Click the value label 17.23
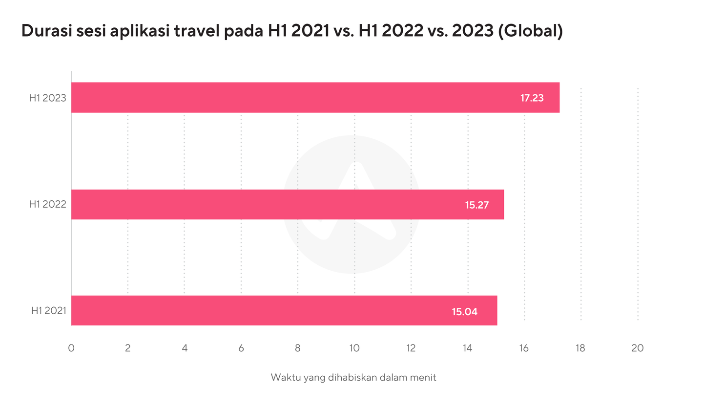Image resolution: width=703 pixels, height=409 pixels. tap(532, 98)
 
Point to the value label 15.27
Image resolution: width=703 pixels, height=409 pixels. tap(476, 205)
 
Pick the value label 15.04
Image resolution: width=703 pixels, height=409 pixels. tap(464, 311)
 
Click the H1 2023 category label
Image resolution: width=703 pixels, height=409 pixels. tap(47, 98)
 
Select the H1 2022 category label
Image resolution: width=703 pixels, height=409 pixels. tap(47, 204)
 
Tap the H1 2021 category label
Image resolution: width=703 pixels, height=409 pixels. tap(48, 310)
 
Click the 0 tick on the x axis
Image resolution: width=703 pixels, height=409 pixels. tap(71, 348)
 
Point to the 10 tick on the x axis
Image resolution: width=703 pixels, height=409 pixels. tap(354, 348)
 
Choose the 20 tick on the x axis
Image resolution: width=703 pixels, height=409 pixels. tap(637, 348)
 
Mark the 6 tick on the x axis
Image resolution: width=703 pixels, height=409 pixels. tap(241, 348)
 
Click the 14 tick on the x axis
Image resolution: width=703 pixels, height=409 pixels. tap(468, 348)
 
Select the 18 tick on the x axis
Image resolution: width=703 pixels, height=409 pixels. tap(580, 348)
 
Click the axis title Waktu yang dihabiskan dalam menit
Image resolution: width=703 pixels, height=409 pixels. tap(353, 378)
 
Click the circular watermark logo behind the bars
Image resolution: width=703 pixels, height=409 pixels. tap(351, 161)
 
